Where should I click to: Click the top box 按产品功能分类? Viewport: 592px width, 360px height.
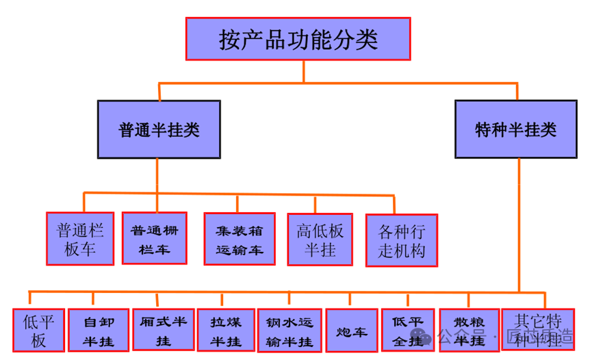click(x=298, y=38)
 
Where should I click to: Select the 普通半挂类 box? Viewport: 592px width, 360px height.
click(x=159, y=129)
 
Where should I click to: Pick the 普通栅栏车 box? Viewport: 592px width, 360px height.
click(x=154, y=238)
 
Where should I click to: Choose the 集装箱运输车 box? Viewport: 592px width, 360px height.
click(x=239, y=239)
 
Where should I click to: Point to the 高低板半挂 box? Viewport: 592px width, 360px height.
click(x=320, y=239)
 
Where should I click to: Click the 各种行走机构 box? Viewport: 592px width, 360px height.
click(x=401, y=240)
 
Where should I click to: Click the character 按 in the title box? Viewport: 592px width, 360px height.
click(x=228, y=39)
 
